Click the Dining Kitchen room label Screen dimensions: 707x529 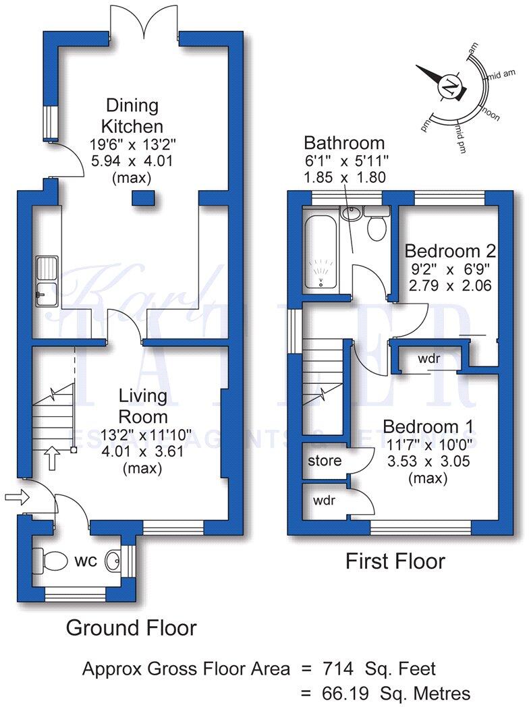pos(132,115)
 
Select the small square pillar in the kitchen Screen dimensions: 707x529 pos(142,197)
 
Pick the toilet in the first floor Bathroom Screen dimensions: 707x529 pos(375,224)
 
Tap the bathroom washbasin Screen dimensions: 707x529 pos(350,213)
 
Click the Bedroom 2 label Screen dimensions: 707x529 pos(450,252)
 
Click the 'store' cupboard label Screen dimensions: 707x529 pos(325,461)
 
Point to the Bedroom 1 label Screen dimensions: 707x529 pos(428,427)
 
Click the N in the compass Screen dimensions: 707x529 pos(447,86)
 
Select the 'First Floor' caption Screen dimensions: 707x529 pos(395,561)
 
